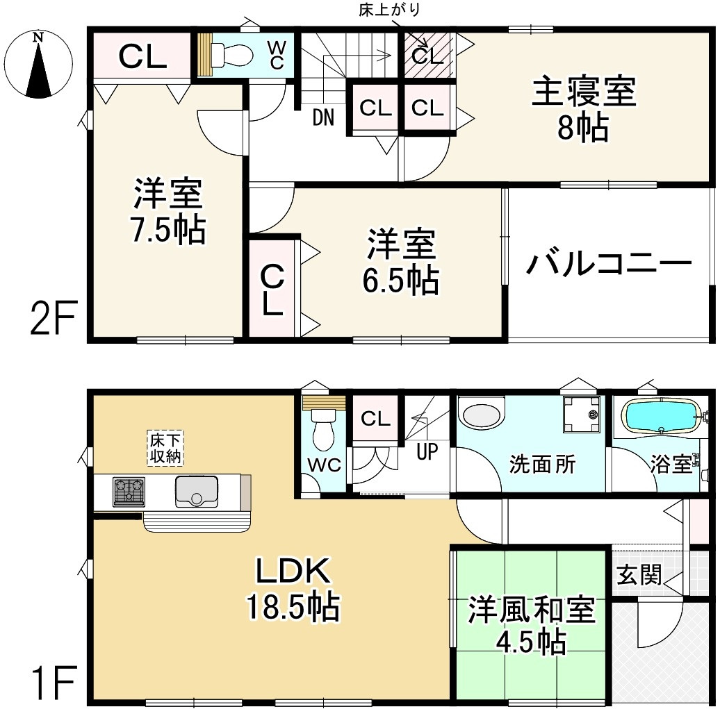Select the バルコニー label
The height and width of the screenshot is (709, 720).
609,264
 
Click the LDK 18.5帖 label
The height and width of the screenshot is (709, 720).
291,589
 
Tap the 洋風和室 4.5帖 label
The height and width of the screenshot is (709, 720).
531,625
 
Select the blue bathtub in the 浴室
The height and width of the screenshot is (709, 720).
661,417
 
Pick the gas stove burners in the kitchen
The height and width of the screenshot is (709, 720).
128,491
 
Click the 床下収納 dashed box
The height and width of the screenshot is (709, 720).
166,448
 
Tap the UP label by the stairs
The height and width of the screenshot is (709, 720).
427,452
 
